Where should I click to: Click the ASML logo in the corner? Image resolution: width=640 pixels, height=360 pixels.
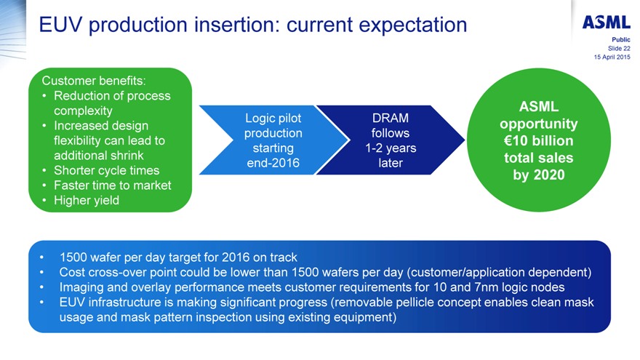(606, 22)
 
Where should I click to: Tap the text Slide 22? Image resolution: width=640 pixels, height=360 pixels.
(618, 47)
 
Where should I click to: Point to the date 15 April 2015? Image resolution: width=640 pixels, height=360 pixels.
(612, 56)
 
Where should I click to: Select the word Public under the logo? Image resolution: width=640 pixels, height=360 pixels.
(621, 39)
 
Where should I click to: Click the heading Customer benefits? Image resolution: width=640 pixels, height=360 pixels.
(95, 80)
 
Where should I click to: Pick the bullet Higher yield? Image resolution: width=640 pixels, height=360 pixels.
(87, 200)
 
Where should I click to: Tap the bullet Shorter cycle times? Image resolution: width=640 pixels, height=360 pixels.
(106, 170)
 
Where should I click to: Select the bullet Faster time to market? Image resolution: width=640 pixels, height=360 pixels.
(113, 185)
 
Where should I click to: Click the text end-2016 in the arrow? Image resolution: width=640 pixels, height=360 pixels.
(273, 163)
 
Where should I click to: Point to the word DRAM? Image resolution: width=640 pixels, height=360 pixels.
(390, 118)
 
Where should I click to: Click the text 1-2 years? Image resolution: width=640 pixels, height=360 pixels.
(391, 148)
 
